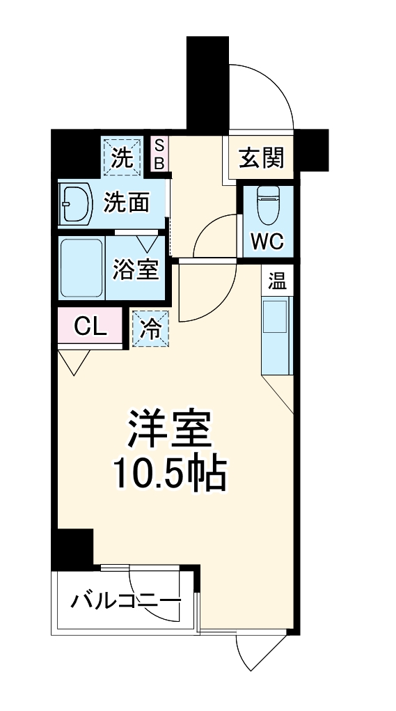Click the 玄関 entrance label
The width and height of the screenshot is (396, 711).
pyautogui.click(x=262, y=158)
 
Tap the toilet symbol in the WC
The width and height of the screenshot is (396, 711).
pyautogui.click(x=268, y=203)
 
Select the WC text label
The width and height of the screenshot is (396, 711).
pyautogui.click(x=267, y=241)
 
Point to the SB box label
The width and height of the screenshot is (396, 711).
pyautogui.click(x=159, y=154)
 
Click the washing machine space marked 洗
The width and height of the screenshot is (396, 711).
pyautogui.click(x=123, y=156)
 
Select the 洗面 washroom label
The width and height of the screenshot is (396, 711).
pyautogui.click(x=127, y=203)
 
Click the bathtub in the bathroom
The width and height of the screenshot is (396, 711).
pyautogui.click(x=81, y=269)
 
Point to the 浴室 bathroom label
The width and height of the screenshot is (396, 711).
pyautogui.click(x=136, y=269)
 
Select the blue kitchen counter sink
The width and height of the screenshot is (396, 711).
pyautogui.click(x=277, y=334)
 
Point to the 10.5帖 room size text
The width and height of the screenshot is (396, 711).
pyautogui.click(x=169, y=475)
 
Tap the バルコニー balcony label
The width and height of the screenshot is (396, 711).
pyautogui.click(x=126, y=600)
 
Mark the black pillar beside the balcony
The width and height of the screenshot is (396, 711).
pyautogui.click(x=73, y=546)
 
